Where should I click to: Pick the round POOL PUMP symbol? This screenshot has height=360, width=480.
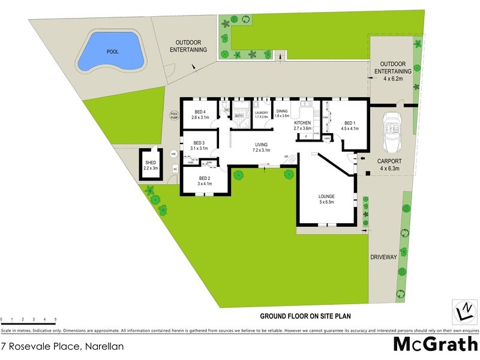(175, 115)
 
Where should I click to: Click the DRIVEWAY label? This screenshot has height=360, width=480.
(384, 257)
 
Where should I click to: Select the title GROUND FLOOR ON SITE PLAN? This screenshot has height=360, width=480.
(305, 316)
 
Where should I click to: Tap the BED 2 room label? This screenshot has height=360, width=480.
(205, 181)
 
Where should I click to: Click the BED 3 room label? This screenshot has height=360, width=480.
(199, 145)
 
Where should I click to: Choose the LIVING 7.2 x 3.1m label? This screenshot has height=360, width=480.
(261, 147)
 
